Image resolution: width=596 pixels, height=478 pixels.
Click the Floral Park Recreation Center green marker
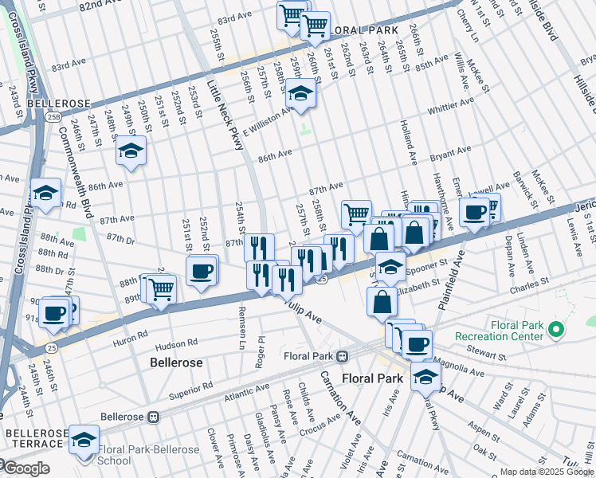point(558,329)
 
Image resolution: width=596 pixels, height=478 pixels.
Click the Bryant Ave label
point(450,151)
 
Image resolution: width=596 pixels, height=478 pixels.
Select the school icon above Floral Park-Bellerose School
point(84,440)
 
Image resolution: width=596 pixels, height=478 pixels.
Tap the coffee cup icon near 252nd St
point(202,271)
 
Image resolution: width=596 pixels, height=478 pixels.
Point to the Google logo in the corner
point(25,468)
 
